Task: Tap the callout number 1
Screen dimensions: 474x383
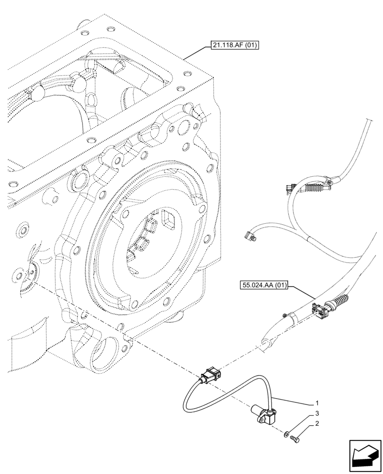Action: (x=316, y=403)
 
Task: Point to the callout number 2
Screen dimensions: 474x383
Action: (x=316, y=423)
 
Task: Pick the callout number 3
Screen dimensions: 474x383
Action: (x=316, y=413)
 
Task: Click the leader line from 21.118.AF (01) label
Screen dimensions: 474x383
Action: (x=194, y=53)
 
